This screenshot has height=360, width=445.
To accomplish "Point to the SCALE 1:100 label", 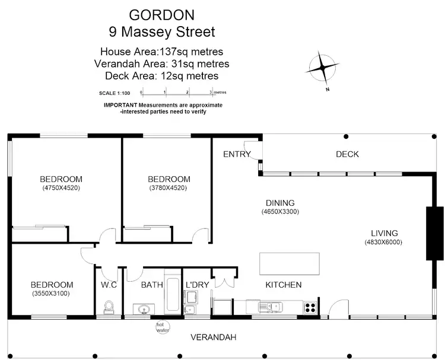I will (114, 93).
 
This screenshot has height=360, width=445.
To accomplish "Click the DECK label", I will (347, 154).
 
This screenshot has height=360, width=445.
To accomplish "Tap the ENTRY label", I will (236, 154).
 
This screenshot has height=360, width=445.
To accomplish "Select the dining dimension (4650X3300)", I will (279, 212).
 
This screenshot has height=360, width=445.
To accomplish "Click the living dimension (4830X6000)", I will (384, 242).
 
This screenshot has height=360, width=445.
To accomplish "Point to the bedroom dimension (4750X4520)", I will (61, 188).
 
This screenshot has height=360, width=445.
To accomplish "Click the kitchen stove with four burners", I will (310, 307).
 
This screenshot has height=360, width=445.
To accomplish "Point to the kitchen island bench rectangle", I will (289, 263).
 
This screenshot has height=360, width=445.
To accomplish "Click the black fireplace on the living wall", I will (434, 233).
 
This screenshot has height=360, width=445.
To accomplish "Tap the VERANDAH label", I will (213, 337).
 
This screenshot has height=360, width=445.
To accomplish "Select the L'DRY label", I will (197, 285).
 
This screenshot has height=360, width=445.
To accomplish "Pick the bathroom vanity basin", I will (143, 309).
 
